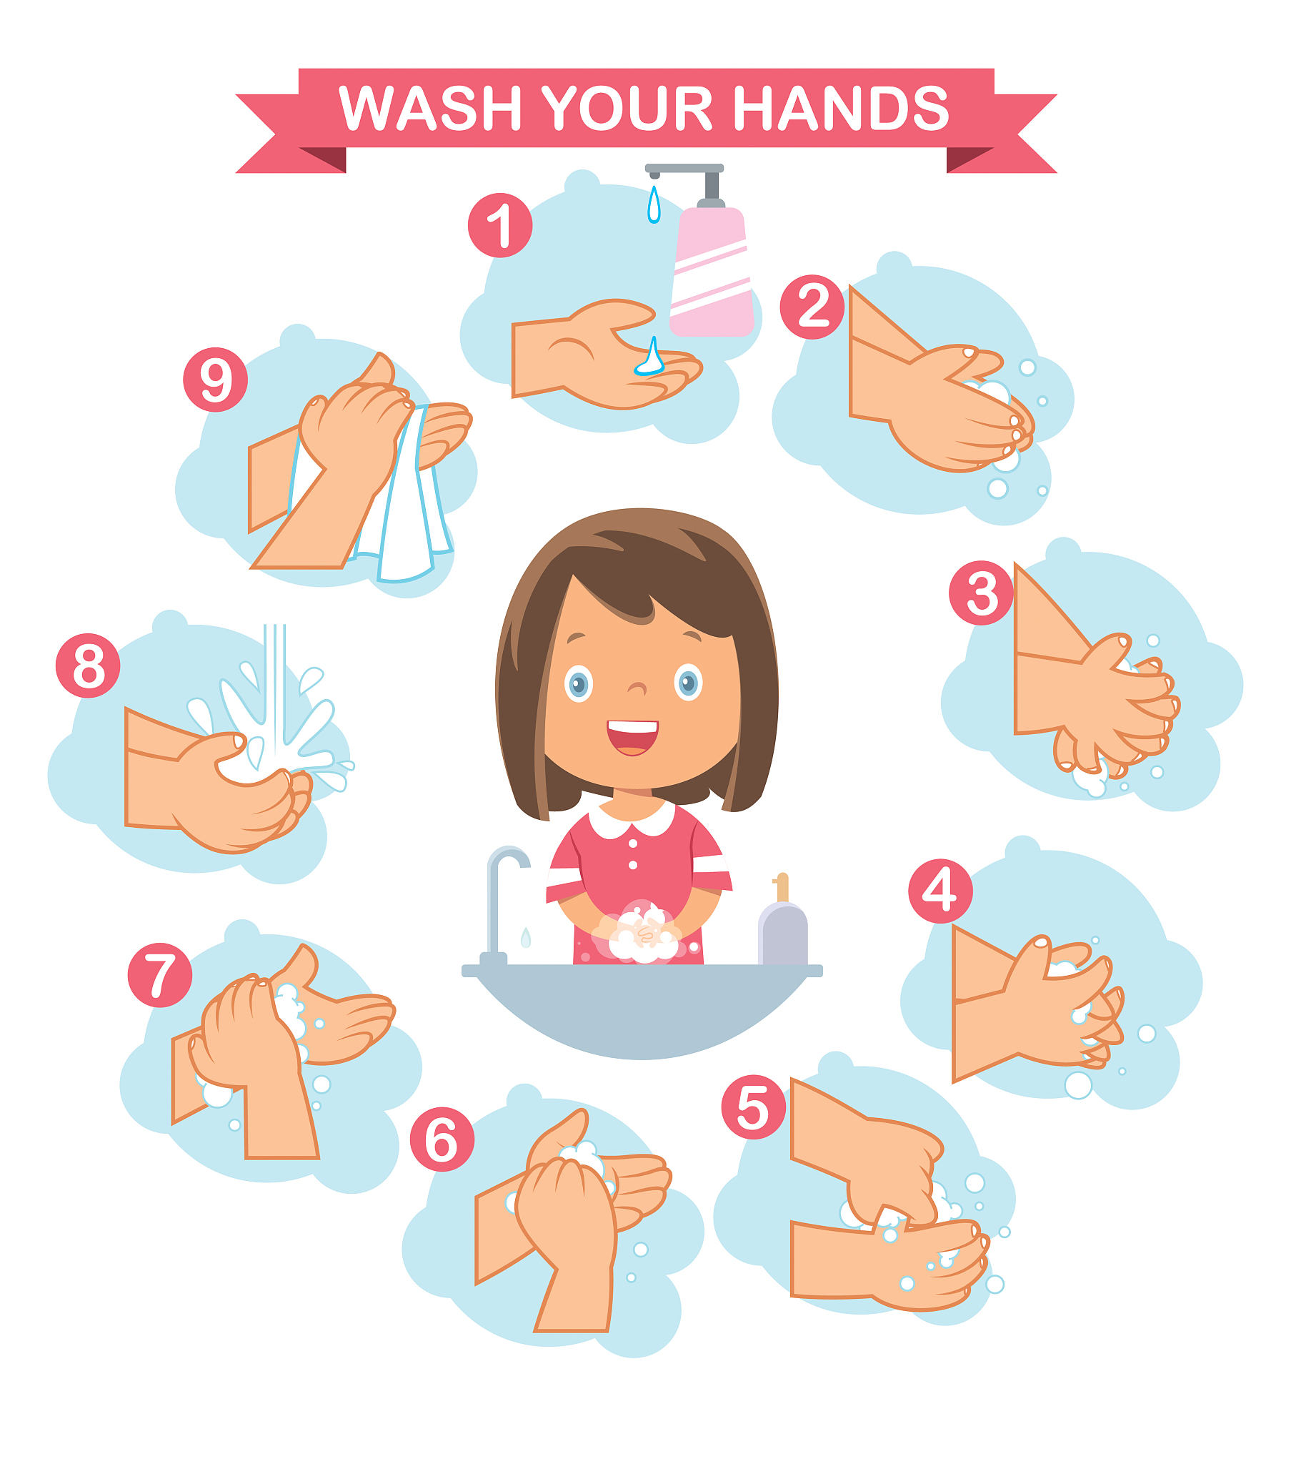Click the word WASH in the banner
(x=429, y=108)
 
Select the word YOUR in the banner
(x=627, y=108)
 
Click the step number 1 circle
(x=500, y=225)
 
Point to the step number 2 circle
(x=812, y=307)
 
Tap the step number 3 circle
(x=981, y=593)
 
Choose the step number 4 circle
(x=940, y=890)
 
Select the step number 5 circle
(x=753, y=1107)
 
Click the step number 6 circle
(x=442, y=1139)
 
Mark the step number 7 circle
(x=159, y=975)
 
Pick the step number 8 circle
(x=88, y=666)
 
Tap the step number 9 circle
(x=216, y=379)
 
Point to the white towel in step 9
(x=404, y=501)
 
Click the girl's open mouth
(x=632, y=737)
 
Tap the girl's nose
(x=637, y=688)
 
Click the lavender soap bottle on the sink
(x=782, y=924)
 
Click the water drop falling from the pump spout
(x=654, y=205)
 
